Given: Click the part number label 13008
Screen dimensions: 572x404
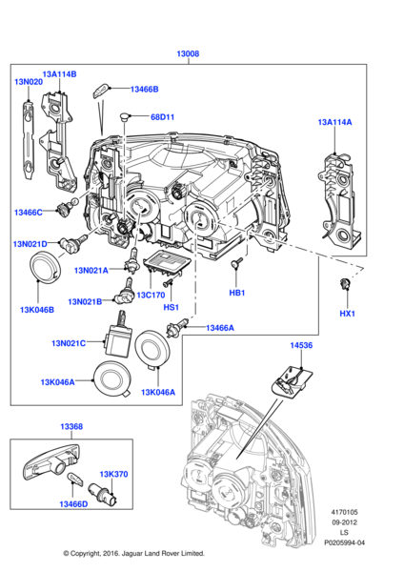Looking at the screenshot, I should (189, 54).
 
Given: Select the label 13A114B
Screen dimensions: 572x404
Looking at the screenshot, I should (58, 73).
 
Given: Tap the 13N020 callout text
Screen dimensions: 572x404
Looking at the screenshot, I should (28, 82).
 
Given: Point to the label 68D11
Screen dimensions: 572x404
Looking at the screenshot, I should (163, 117).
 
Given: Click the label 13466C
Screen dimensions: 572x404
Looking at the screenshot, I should (28, 212).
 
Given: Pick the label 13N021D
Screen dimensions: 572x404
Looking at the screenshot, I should (30, 244).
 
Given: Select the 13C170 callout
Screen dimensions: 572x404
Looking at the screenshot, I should (151, 295).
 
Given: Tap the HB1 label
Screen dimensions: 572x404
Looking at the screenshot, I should (237, 293).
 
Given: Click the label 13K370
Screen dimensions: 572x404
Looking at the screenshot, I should (114, 473).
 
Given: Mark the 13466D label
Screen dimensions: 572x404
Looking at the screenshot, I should (74, 503).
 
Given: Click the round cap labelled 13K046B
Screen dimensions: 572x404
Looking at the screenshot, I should (44, 270).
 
